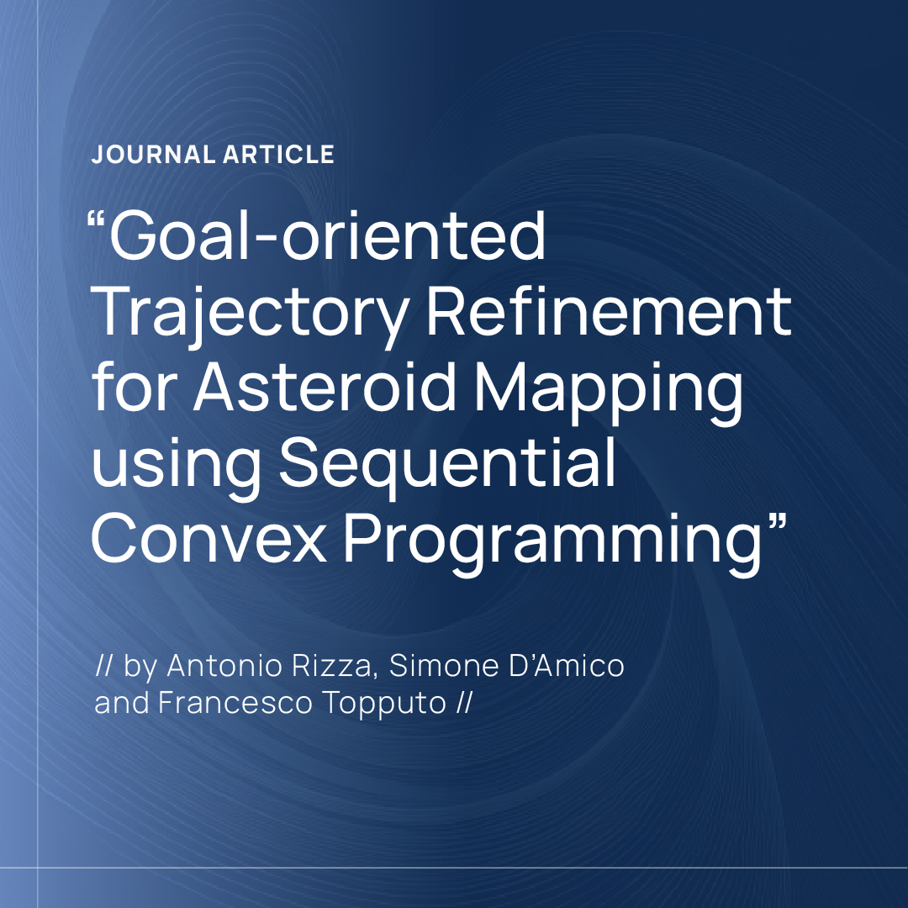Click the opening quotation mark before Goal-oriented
pos(98,221)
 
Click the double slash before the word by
pos(105,666)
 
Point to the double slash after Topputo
pos(463,703)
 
